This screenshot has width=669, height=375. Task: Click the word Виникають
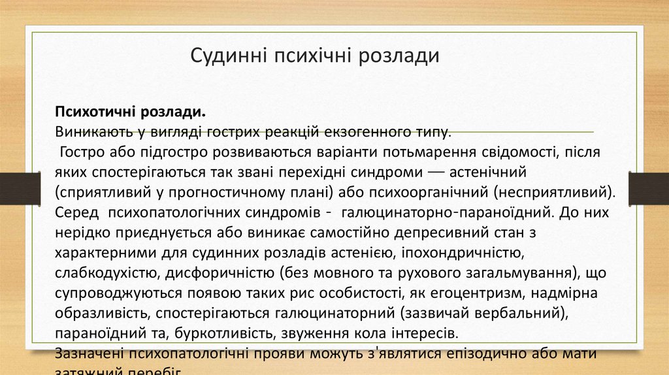pyautogui.click(x=91, y=131)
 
